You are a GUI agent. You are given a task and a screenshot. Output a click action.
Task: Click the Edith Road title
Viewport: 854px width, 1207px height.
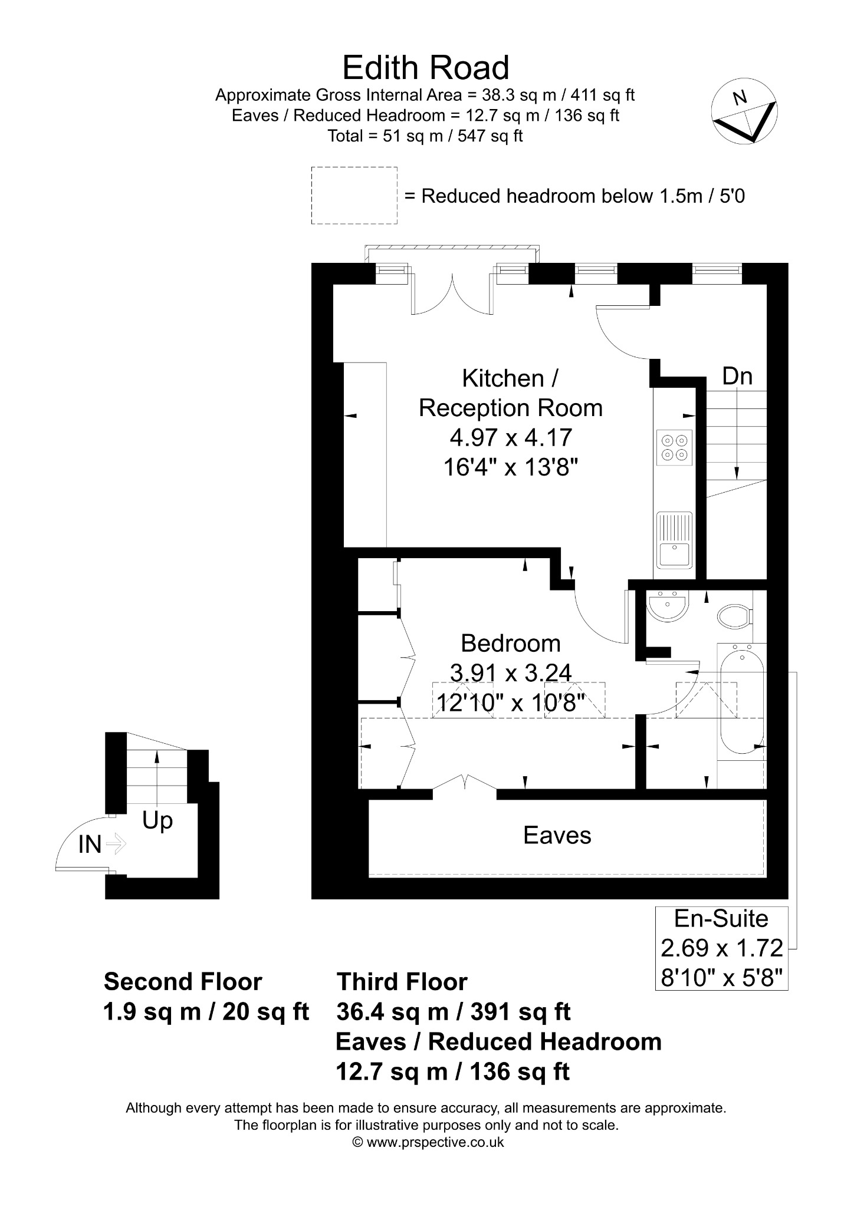point(426,68)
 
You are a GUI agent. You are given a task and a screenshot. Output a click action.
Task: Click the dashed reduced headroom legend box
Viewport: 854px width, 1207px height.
point(354,195)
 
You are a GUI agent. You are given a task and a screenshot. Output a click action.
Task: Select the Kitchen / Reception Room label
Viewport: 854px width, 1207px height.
point(511,393)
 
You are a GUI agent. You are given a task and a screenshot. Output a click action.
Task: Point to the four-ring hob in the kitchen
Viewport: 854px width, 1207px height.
point(675,447)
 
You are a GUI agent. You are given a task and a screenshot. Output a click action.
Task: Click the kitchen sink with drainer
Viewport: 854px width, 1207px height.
point(675,539)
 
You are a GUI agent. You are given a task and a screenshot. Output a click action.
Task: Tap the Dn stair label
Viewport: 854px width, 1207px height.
point(737,376)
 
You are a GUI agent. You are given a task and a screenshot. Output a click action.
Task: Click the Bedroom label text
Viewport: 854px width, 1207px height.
point(511,643)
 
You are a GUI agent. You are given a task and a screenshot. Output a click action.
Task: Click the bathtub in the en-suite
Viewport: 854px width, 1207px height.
point(741,701)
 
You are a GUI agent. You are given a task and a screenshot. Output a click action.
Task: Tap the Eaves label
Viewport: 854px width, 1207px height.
point(557,835)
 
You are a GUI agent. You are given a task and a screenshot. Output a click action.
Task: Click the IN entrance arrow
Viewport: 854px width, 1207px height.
point(116,844)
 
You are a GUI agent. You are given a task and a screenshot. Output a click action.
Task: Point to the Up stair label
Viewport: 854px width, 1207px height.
point(157,820)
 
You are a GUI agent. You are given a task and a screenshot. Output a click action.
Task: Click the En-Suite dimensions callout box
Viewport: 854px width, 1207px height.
point(722,948)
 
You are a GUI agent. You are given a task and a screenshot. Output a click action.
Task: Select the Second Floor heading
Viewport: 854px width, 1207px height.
point(183,982)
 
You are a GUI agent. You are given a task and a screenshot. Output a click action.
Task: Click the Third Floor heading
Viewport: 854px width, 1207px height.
point(402,982)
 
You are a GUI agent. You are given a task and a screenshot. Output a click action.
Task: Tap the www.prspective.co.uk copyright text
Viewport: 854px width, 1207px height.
point(428,1142)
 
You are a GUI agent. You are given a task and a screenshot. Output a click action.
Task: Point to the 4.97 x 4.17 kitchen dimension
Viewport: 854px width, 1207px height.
point(511,438)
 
